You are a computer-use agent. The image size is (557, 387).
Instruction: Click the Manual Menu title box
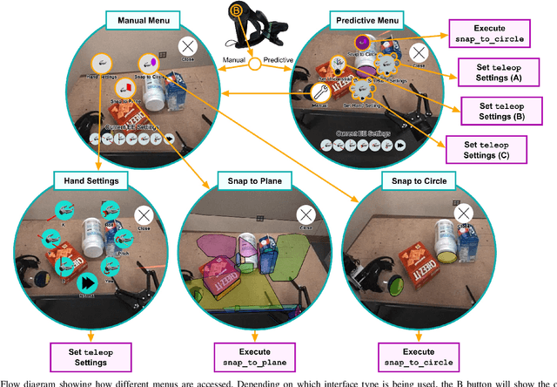coord(140,18)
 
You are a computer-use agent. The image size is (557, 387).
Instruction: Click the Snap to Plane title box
coord(249,180)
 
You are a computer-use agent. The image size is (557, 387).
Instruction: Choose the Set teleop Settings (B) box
coord(497,110)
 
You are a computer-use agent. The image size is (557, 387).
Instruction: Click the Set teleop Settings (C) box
coord(480,149)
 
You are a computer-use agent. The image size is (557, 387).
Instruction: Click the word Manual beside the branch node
coord(232,59)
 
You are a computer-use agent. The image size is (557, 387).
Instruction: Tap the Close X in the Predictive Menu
coord(419,53)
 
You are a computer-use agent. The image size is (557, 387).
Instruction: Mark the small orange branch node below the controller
coord(254,64)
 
